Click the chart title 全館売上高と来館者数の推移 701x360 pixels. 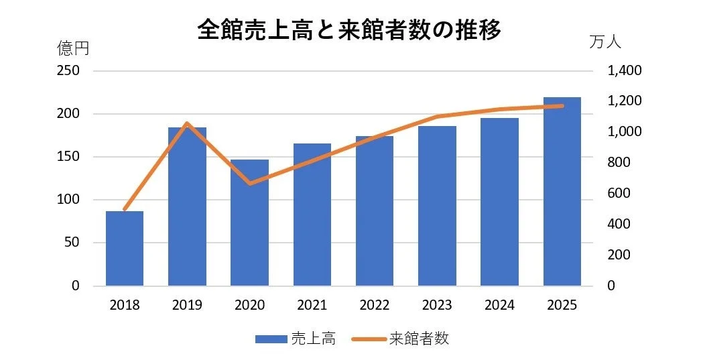point(349,30)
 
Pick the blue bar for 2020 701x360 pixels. point(249,223)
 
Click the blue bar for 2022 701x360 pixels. point(375,211)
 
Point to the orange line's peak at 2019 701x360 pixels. point(187,123)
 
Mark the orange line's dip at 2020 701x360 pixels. point(249,183)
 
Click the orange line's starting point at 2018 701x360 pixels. point(125,210)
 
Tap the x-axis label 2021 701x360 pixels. point(312,306)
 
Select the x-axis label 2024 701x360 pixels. point(500,306)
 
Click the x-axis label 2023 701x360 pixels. point(437,306)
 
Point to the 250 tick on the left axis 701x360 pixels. point(67,71)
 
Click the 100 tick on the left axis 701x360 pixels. point(67,200)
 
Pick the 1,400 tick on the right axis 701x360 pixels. point(623,71)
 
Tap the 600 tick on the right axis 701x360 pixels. point(619,194)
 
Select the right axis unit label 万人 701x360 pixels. point(606,42)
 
